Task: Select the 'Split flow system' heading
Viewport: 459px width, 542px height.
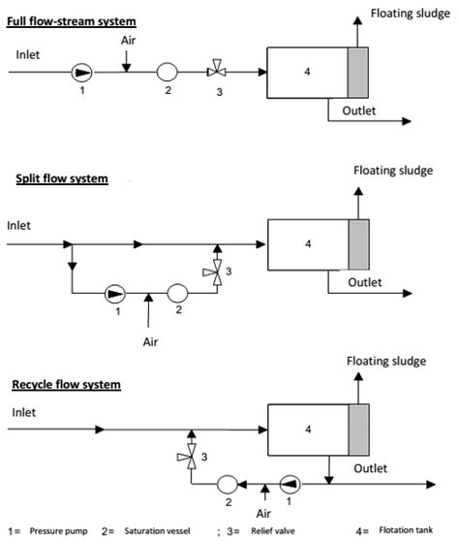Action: [61, 178]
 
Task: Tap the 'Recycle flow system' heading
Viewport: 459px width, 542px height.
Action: [66, 384]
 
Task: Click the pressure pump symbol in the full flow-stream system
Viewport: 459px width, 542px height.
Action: [80, 71]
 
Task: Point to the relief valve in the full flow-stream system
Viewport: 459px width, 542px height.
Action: [217, 71]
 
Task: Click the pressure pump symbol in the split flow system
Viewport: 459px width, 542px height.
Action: [114, 290]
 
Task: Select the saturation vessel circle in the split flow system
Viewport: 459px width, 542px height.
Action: [178, 290]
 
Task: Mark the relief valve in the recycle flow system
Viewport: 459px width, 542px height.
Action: [191, 456]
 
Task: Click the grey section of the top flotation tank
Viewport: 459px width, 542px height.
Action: [358, 71]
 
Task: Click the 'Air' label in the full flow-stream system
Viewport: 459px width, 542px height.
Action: [129, 41]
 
